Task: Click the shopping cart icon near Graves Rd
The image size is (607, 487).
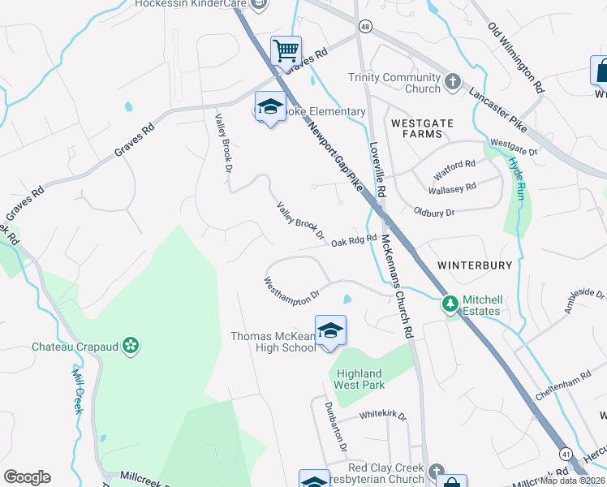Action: [286, 50]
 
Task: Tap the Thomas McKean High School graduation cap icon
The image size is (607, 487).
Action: [330, 330]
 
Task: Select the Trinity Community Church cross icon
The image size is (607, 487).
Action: [453, 82]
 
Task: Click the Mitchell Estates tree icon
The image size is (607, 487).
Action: [450, 304]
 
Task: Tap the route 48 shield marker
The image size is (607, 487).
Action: [366, 27]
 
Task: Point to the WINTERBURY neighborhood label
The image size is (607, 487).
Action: [475, 265]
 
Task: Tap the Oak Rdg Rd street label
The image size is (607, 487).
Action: [354, 239]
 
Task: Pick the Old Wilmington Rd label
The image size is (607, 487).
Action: [516, 56]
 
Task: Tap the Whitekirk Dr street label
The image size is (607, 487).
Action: [382, 415]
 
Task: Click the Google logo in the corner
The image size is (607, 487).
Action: [27, 476]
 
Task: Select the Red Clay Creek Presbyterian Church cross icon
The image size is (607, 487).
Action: [437, 472]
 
